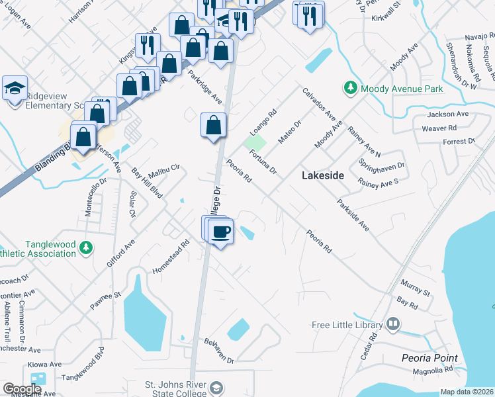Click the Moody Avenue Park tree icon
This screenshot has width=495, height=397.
click(x=349, y=87)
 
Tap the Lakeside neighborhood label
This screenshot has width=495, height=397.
click(x=323, y=175)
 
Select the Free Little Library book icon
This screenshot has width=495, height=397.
click(x=394, y=324)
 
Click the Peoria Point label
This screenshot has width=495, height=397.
click(x=429, y=358)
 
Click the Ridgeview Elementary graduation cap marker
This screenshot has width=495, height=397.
click(x=15, y=87)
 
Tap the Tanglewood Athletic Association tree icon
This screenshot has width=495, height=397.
click(x=85, y=248)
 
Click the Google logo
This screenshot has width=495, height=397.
click(x=22, y=389)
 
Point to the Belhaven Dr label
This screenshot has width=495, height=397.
click(x=220, y=350)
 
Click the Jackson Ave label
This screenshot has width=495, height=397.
click(x=449, y=114)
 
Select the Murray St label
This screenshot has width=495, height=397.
click(x=416, y=288)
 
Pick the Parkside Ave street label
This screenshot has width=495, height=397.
click(x=353, y=215)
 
